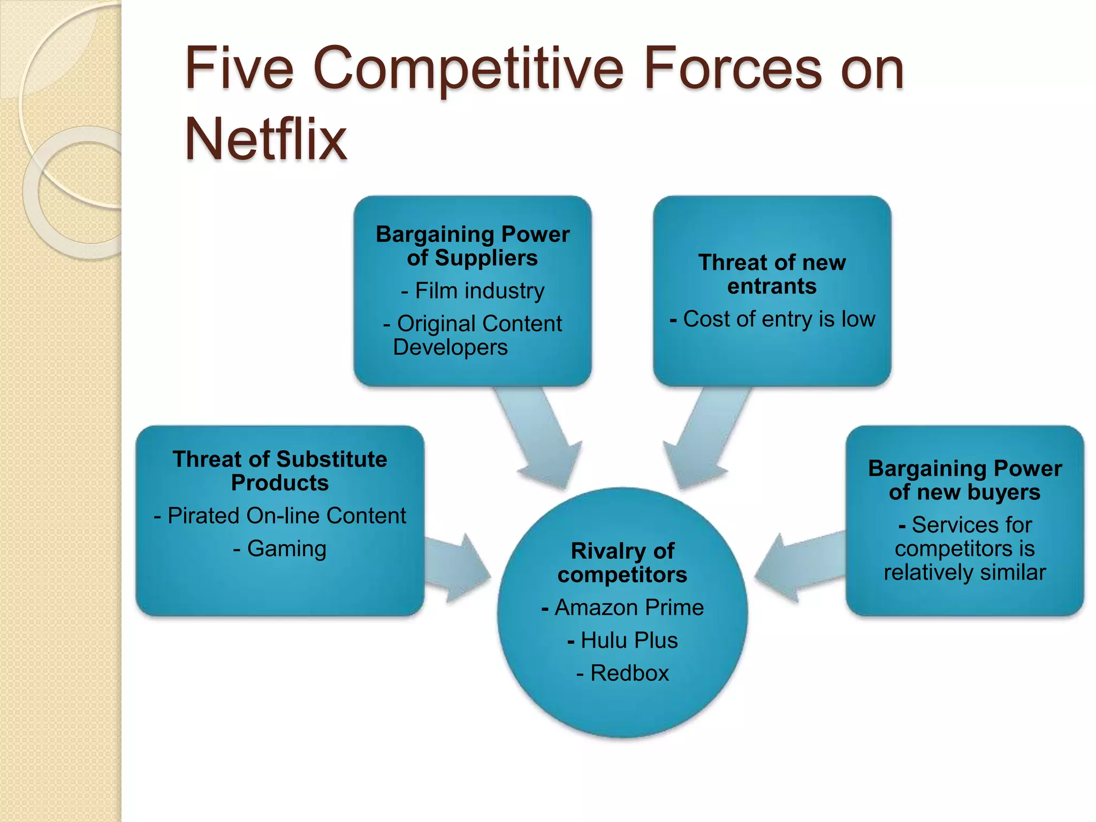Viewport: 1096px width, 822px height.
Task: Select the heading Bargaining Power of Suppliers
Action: [x=473, y=246]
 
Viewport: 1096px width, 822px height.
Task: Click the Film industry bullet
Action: [x=473, y=291]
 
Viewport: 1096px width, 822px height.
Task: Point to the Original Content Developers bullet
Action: [x=473, y=336]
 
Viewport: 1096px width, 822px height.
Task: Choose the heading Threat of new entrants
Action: [x=772, y=274]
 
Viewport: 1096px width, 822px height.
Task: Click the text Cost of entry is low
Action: [x=772, y=319]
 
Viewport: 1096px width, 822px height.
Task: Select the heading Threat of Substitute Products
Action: [x=280, y=471]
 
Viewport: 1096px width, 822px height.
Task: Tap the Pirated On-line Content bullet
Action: [x=280, y=516]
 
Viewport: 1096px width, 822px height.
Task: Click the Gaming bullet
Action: [x=280, y=549]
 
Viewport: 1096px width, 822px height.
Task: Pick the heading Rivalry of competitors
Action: [x=622, y=562]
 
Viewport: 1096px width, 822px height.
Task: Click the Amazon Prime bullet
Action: [x=622, y=607]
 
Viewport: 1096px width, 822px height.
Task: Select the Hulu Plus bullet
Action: [x=622, y=640]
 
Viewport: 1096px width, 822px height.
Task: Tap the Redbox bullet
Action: [x=622, y=673]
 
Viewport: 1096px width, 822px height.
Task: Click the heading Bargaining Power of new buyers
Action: [x=964, y=480]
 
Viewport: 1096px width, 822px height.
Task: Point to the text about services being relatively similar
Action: [x=964, y=549]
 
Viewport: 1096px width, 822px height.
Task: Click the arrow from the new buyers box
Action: [x=800, y=567]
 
